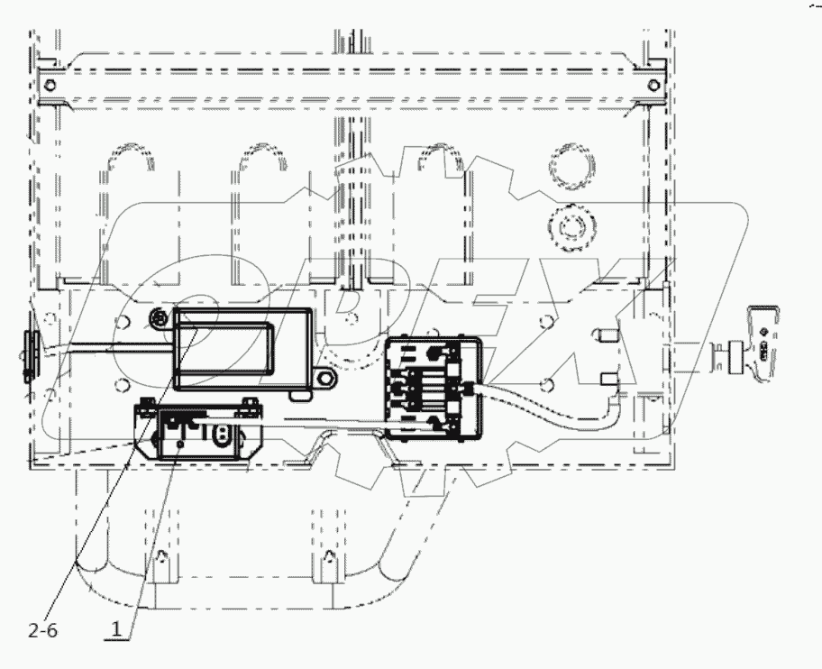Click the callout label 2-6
tap(42, 631)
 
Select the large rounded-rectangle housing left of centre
tap(243, 348)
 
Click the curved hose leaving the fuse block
tap(550, 405)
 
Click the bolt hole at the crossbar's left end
tap(50, 86)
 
